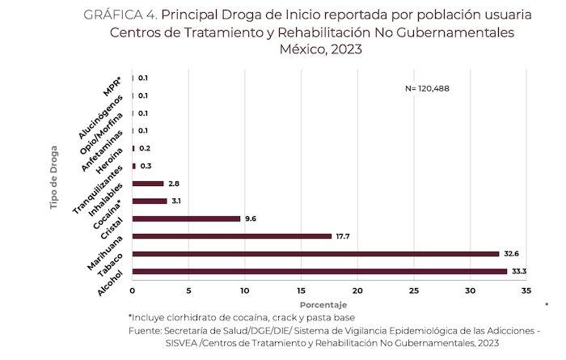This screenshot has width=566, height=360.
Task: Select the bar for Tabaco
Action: pyautogui.click(x=315, y=254)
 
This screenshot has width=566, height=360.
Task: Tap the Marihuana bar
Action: pyautogui.click(x=232, y=236)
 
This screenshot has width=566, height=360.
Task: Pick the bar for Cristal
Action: pyautogui.click(x=186, y=218)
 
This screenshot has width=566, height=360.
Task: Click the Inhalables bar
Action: pyautogui.click(x=150, y=201)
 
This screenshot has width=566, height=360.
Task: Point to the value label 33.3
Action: pyautogui.click(x=519, y=271)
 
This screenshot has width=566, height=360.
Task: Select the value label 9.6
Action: pyautogui.click(x=251, y=218)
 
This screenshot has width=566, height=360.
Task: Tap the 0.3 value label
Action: pyautogui.click(x=146, y=166)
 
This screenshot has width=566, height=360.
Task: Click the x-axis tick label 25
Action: pyautogui.click(x=414, y=289)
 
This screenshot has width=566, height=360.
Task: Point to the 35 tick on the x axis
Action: pyautogui.click(x=526, y=289)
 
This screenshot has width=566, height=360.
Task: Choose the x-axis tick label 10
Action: pyautogui.click(x=245, y=289)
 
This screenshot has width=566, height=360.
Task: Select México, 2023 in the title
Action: pyautogui.click(x=320, y=49)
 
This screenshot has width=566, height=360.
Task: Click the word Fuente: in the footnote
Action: pyautogui.click(x=145, y=331)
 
